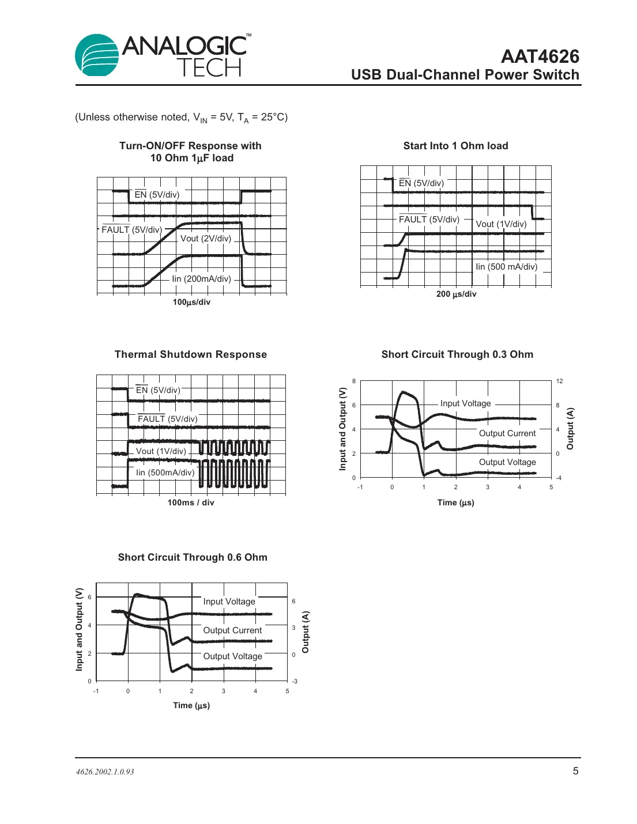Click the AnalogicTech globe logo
(x=97, y=55)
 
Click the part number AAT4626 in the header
(x=540, y=56)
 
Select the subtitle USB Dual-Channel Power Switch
(x=465, y=75)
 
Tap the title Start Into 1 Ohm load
(x=455, y=146)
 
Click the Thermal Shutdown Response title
(x=190, y=354)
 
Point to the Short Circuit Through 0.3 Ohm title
(x=457, y=354)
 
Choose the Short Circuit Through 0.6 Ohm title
(x=193, y=557)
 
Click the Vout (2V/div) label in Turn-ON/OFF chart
(x=206, y=239)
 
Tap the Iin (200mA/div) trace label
(x=201, y=279)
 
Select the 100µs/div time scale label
(x=191, y=302)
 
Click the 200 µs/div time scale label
(x=456, y=294)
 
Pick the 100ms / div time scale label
(x=191, y=502)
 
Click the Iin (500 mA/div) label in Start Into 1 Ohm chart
(x=506, y=267)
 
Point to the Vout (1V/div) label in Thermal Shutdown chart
(x=161, y=451)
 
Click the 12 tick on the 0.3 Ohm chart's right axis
(x=559, y=381)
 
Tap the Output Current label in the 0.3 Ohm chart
(x=507, y=433)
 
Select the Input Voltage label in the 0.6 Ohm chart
(x=229, y=602)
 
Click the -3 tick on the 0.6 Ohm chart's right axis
(x=294, y=681)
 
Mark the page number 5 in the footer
(x=575, y=771)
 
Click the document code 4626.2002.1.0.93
(x=105, y=772)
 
